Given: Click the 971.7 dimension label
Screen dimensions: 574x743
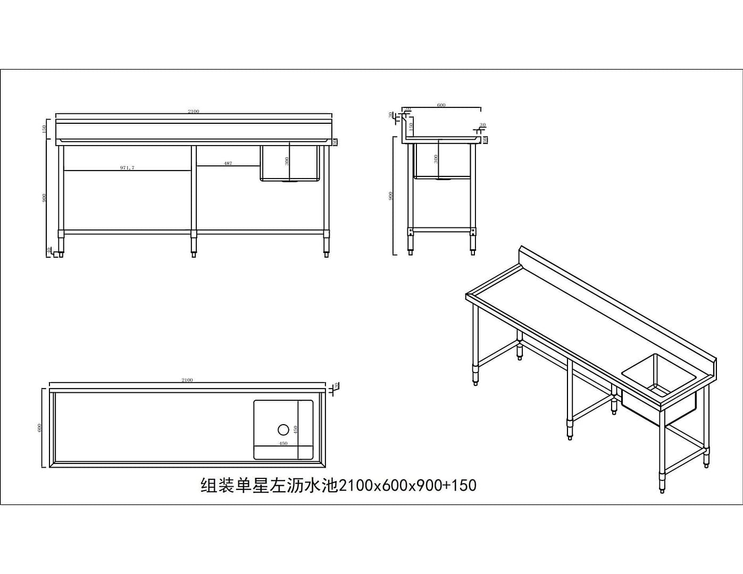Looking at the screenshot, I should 127,167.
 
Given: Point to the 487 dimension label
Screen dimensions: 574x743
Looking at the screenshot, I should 228,163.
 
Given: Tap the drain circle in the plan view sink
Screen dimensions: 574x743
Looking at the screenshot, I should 283,429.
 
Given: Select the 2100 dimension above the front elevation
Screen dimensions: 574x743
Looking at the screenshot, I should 193,111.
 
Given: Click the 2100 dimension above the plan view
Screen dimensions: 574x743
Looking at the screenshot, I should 187,380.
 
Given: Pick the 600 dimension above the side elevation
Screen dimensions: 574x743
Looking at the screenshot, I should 441,105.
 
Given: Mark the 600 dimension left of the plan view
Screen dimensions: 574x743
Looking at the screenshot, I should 39,428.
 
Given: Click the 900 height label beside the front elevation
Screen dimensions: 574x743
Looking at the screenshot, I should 45,197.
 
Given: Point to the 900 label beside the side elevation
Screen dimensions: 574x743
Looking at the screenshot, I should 391,196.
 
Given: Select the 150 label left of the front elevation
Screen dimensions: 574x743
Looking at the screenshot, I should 45,129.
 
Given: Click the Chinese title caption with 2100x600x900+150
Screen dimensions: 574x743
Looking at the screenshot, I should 338,485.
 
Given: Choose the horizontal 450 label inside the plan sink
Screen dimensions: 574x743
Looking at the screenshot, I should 283,443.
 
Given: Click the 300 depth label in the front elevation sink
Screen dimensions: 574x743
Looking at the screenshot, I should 287,161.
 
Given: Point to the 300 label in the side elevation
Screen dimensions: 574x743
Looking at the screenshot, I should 436,158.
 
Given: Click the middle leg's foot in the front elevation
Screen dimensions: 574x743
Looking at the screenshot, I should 194,254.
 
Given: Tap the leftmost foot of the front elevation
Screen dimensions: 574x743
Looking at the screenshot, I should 62,254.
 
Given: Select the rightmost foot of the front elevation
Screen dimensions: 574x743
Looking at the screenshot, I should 326,254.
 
